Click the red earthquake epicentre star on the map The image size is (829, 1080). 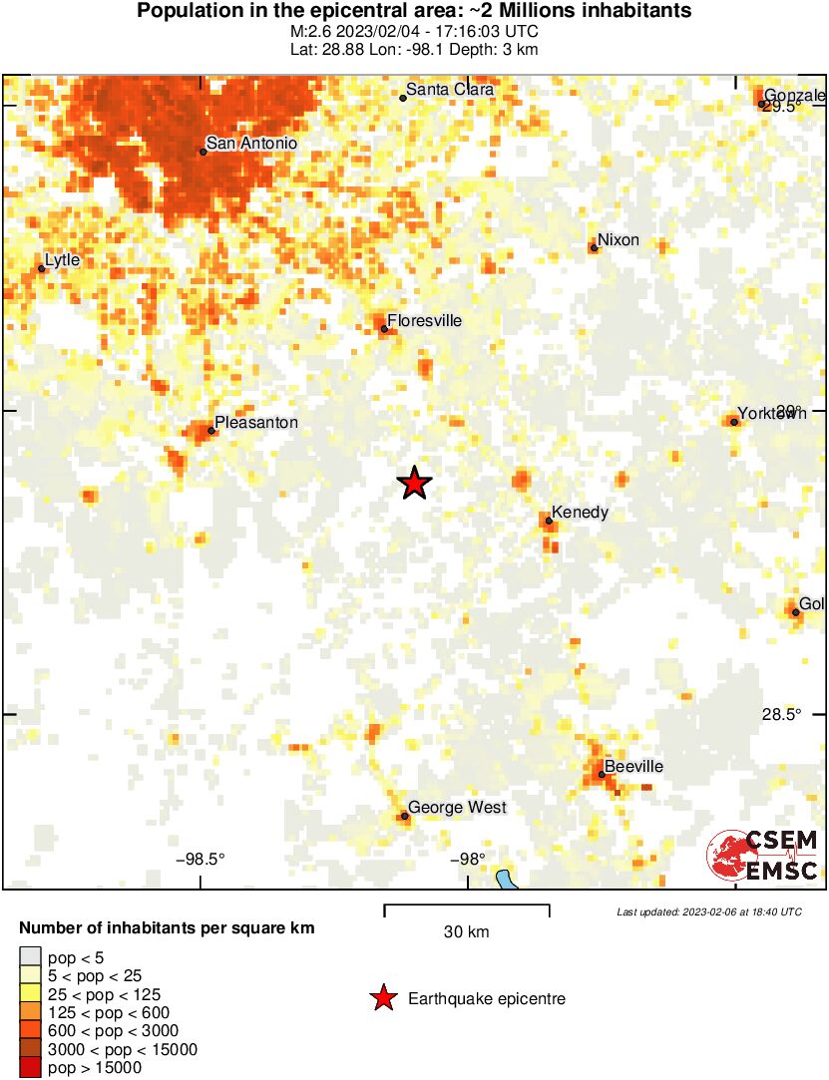point(414,484)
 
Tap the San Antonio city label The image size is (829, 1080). point(251,144)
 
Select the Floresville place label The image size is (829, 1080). point(424,321)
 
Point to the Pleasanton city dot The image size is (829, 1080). point(211,431)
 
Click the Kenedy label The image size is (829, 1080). point(580,513)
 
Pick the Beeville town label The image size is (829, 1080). point(633,766)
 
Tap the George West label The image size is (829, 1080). point(457,808)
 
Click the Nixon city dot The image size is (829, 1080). point(594,247)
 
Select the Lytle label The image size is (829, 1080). point(62,260)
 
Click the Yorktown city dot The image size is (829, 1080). point(734,422)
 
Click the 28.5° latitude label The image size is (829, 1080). point(781,714)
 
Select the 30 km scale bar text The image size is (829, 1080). point(466,932)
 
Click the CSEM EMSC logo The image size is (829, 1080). point(763,855)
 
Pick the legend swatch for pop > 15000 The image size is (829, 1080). point(30,1068)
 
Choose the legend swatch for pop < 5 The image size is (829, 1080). point(30,956)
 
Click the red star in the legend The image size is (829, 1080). point(382,998)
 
